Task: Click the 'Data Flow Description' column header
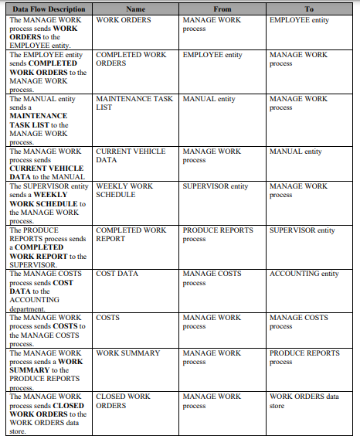[48, 9]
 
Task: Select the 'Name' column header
[135, 9]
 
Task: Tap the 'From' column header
[222, 9]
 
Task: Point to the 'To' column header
[309, 9]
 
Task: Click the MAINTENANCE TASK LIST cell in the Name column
[134, 103]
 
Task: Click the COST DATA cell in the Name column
[117, 274]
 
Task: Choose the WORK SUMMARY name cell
[128, 353]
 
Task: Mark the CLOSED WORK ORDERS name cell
[123, 400]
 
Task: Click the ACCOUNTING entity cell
[304, 274]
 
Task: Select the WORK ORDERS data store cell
[304, 400]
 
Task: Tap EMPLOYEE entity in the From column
[212, 55]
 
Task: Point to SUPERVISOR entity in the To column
[302, 230]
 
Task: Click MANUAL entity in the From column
[209, 99]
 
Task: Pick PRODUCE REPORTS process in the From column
[218, 234]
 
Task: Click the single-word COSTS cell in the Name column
[108, 318]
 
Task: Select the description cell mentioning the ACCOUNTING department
[48, 291]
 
